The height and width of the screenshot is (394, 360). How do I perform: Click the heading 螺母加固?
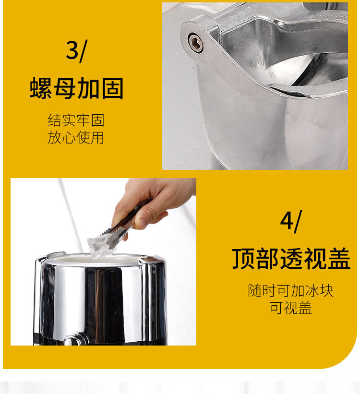point(77,89)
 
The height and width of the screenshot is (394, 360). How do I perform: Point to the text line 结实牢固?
point(76,120)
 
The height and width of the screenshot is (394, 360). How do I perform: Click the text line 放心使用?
point(76,138)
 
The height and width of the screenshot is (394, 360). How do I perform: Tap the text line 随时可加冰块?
point(291,291)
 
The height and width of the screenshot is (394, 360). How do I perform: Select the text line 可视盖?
point(291,308)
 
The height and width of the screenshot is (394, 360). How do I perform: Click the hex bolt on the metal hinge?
point(195,42)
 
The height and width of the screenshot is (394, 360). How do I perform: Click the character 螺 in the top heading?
point(41,89)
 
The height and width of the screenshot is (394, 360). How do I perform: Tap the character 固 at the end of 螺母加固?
point(112,89)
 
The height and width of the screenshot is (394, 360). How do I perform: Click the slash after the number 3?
point(83,51)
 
